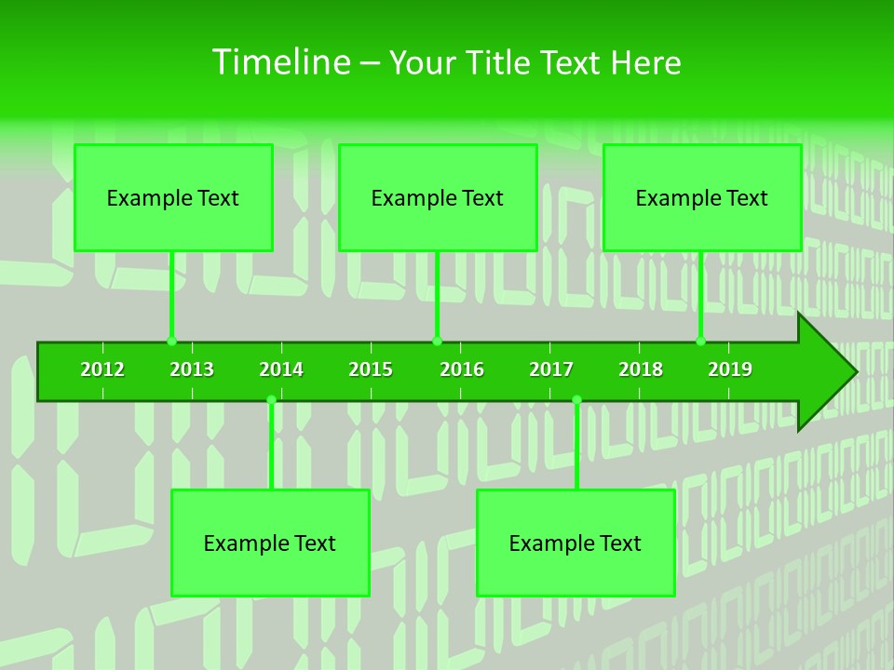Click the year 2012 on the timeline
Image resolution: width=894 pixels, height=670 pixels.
click(x=102, y=369)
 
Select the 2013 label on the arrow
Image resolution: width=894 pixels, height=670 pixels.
click(x=192, y=369)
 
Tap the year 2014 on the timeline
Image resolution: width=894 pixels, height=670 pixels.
click(x=281, y=369)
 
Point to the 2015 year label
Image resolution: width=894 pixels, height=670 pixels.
click(x=371, y=369)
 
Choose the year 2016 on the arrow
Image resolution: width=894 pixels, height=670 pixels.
click(x=462, y=369)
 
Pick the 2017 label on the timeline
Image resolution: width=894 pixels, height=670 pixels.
click(x=551, y=369)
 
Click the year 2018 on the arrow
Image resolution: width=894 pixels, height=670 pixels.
click(x=641, y=369)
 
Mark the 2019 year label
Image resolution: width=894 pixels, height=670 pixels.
click(x=730, y=369)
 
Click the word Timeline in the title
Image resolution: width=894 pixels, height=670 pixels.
click(x=280, y=62)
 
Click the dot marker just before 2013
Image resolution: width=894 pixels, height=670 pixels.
click(x=171, y=342)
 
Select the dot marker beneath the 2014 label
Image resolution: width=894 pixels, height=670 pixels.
click(x=271, y=400)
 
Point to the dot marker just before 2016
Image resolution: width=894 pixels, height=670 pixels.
click(x=437, y=342)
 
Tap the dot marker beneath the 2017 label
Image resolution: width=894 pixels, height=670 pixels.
click(x=576, y=400)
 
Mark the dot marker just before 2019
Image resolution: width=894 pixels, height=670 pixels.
click(x=700, y=342)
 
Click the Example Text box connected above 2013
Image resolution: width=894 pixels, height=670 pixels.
click(x=173, y=197)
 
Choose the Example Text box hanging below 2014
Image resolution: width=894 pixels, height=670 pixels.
click(x=270, y=543)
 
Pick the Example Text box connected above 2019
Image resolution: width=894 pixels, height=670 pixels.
click(x=702, y=197)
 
